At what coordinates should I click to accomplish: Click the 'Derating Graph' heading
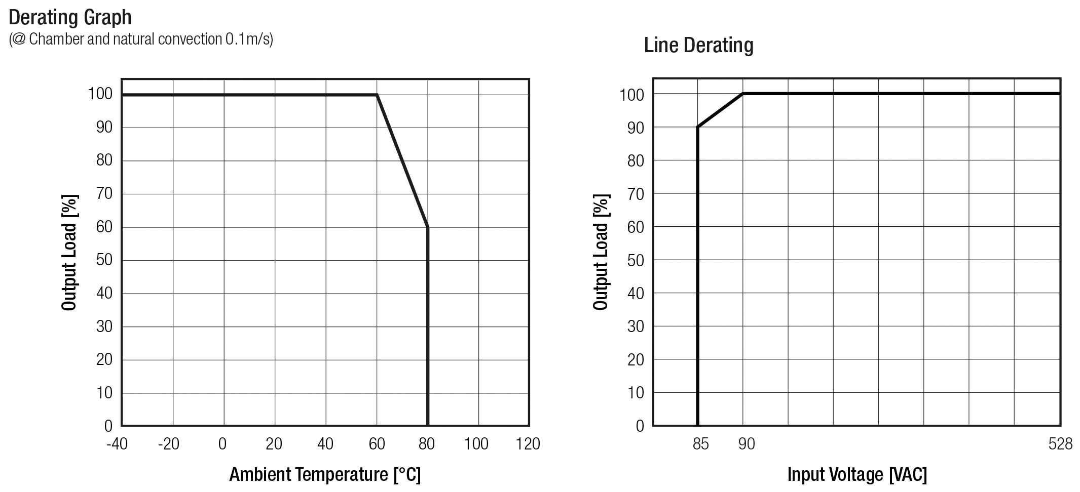(x=70, y=18)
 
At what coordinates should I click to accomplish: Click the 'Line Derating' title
(x=698, y=46)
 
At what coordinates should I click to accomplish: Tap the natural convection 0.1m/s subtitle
(x=141, y=39)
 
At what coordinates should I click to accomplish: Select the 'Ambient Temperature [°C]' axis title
(x=325, y=475)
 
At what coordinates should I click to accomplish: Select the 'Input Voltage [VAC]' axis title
(x=857, y=475)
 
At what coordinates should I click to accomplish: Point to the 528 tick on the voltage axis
(x=1060, y=444)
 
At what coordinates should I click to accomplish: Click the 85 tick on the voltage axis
(x=700, y=444)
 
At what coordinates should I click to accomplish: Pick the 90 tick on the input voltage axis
(x=746, y=444)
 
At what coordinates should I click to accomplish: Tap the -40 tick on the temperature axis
(x=117, y=444)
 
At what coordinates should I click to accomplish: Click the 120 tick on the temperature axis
(x=528, y=444)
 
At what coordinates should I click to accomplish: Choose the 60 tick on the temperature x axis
(x=377, y=444)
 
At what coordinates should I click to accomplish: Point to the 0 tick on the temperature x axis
(x=222, y=444)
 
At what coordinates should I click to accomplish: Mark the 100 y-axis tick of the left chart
(x=100, y=94)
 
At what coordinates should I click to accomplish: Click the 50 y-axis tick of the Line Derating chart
(x=636, y=260)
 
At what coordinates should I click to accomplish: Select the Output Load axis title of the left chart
(x=69, y=252)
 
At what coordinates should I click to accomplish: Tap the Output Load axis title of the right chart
(x=601, y=252)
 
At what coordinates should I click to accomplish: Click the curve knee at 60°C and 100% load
(x=377, y=95)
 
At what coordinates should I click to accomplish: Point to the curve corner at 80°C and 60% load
(x=428, y=227)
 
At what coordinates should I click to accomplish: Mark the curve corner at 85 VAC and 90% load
(x=698, y=127)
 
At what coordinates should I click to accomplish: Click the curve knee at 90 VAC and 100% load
(x=743, y=94)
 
